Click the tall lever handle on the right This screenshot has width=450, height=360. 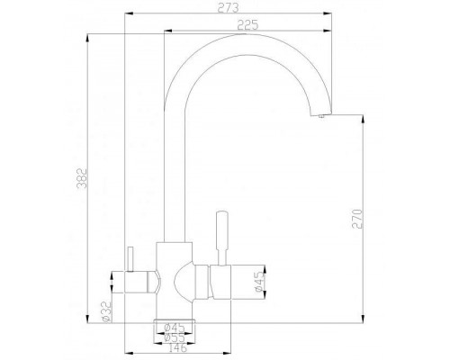(x=218, y=236)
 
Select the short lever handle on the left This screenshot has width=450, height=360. (x=128, y=261)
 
